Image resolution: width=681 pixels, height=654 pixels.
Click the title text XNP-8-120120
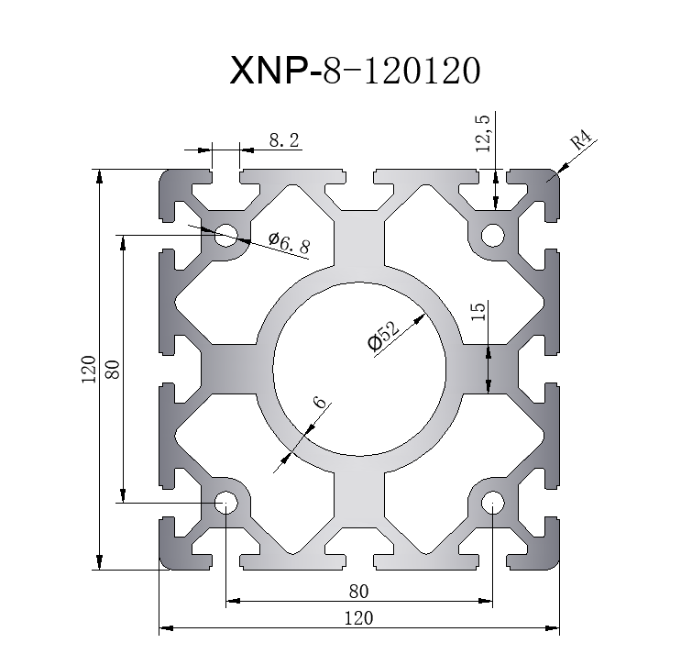click(x=353, y=71)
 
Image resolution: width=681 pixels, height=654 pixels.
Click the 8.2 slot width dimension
click(x=284, y=140)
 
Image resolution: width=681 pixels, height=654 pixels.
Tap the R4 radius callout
click(x=582, y=142)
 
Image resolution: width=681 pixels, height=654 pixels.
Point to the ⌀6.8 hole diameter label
click(x=289, y=243)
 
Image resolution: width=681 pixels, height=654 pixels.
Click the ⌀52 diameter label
click(x=382, y=335)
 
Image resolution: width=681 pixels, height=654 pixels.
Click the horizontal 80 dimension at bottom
click(x=358, y=590)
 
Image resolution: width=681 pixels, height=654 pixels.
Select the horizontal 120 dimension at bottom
click(x=358, y=617)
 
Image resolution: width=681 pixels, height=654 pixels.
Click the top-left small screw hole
click(x=225, y=236)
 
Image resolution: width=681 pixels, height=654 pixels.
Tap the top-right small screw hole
click(x=492, y=236)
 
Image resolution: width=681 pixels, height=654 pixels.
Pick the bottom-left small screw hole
click(x=225, y=503)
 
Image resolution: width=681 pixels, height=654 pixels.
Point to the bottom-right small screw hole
click(x=492, y=503)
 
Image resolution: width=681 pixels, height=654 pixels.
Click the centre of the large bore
click(x=359, y=369)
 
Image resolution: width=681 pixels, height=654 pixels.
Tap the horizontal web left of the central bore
click(x=229, y=369)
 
